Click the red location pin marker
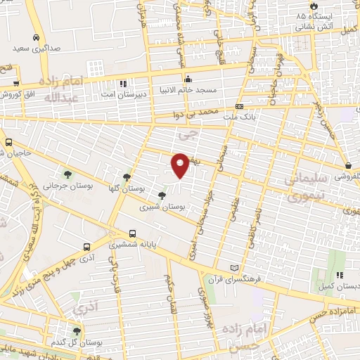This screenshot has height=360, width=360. click(x=181, y=165)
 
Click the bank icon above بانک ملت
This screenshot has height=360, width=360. click(x=240, y=107)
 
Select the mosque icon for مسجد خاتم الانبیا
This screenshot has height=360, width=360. click(x=188, y=79)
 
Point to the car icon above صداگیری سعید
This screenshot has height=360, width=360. click(x=36, y=38)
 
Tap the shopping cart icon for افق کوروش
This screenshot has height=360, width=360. click(x=15, y=82)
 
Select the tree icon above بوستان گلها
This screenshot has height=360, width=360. click(x=127, y=177)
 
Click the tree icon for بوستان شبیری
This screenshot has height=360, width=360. click(x=162, y=195)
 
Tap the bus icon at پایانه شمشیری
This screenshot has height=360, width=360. click(x=132, y=234)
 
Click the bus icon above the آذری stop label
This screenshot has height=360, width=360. click(x=86, y=247)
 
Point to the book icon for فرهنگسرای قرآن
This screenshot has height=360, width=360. click(x=235, y=269)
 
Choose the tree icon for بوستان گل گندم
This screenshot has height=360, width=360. click(x=77, y=330)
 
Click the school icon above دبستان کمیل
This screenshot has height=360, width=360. click(x=339, y=275)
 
